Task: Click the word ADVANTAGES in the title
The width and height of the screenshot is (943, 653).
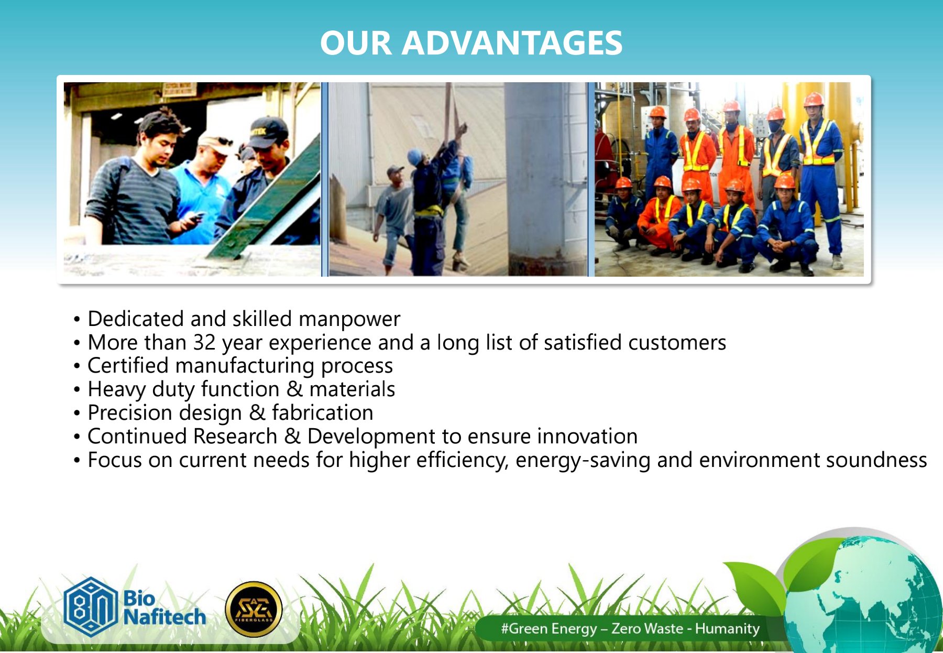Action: (512, 42)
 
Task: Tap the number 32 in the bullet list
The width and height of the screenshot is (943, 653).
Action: (204, 343)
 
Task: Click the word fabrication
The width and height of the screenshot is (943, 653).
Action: (322, 413)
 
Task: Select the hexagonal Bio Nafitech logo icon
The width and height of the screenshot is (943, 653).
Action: (90, 606)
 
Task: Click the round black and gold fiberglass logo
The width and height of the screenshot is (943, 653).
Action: (254, 610)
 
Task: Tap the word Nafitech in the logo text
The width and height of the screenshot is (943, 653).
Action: (165, 617)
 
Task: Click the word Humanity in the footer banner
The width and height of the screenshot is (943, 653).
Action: (727, 628)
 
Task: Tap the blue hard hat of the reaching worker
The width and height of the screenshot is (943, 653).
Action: (415, 157)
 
